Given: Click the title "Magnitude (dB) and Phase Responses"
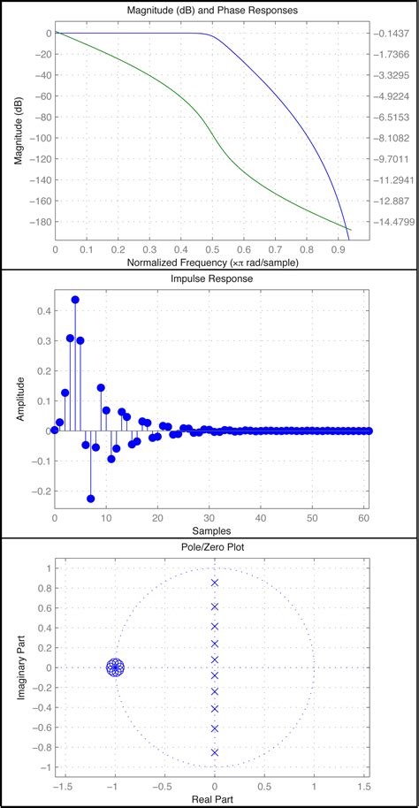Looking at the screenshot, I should (210, 10).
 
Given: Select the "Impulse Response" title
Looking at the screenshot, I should (210, 278).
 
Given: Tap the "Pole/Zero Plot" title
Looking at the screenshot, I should (210, 548).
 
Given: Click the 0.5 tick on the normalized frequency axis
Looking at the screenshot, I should (209, 250).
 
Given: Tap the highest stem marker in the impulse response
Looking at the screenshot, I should (75, 300).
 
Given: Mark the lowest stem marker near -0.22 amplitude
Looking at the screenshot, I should (90, 499).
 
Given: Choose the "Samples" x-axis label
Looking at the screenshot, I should (210, 532).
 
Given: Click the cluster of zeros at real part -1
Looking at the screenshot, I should (114, 667).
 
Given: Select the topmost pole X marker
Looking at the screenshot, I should (214, 583).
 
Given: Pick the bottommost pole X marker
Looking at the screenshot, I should (214, 752).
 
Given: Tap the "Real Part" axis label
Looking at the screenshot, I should (210, 798).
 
